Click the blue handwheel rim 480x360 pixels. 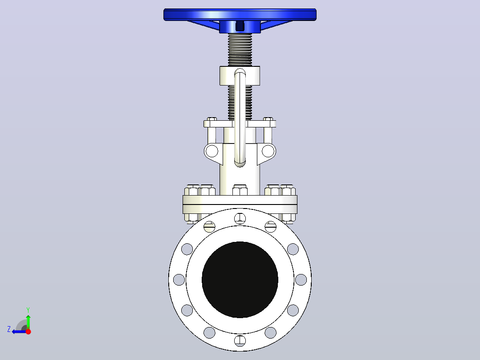click(240, 14)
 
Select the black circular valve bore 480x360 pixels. click(240, 279)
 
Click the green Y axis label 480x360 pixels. click(28, 310)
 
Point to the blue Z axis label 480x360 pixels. click(9, 329)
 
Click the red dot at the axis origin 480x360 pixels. click(28, 331)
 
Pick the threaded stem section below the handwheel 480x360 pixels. click(240, 49)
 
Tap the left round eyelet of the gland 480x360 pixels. click(212, 151)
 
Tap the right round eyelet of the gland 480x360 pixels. click(268, 151)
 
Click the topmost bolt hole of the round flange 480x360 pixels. click(240, 218)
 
